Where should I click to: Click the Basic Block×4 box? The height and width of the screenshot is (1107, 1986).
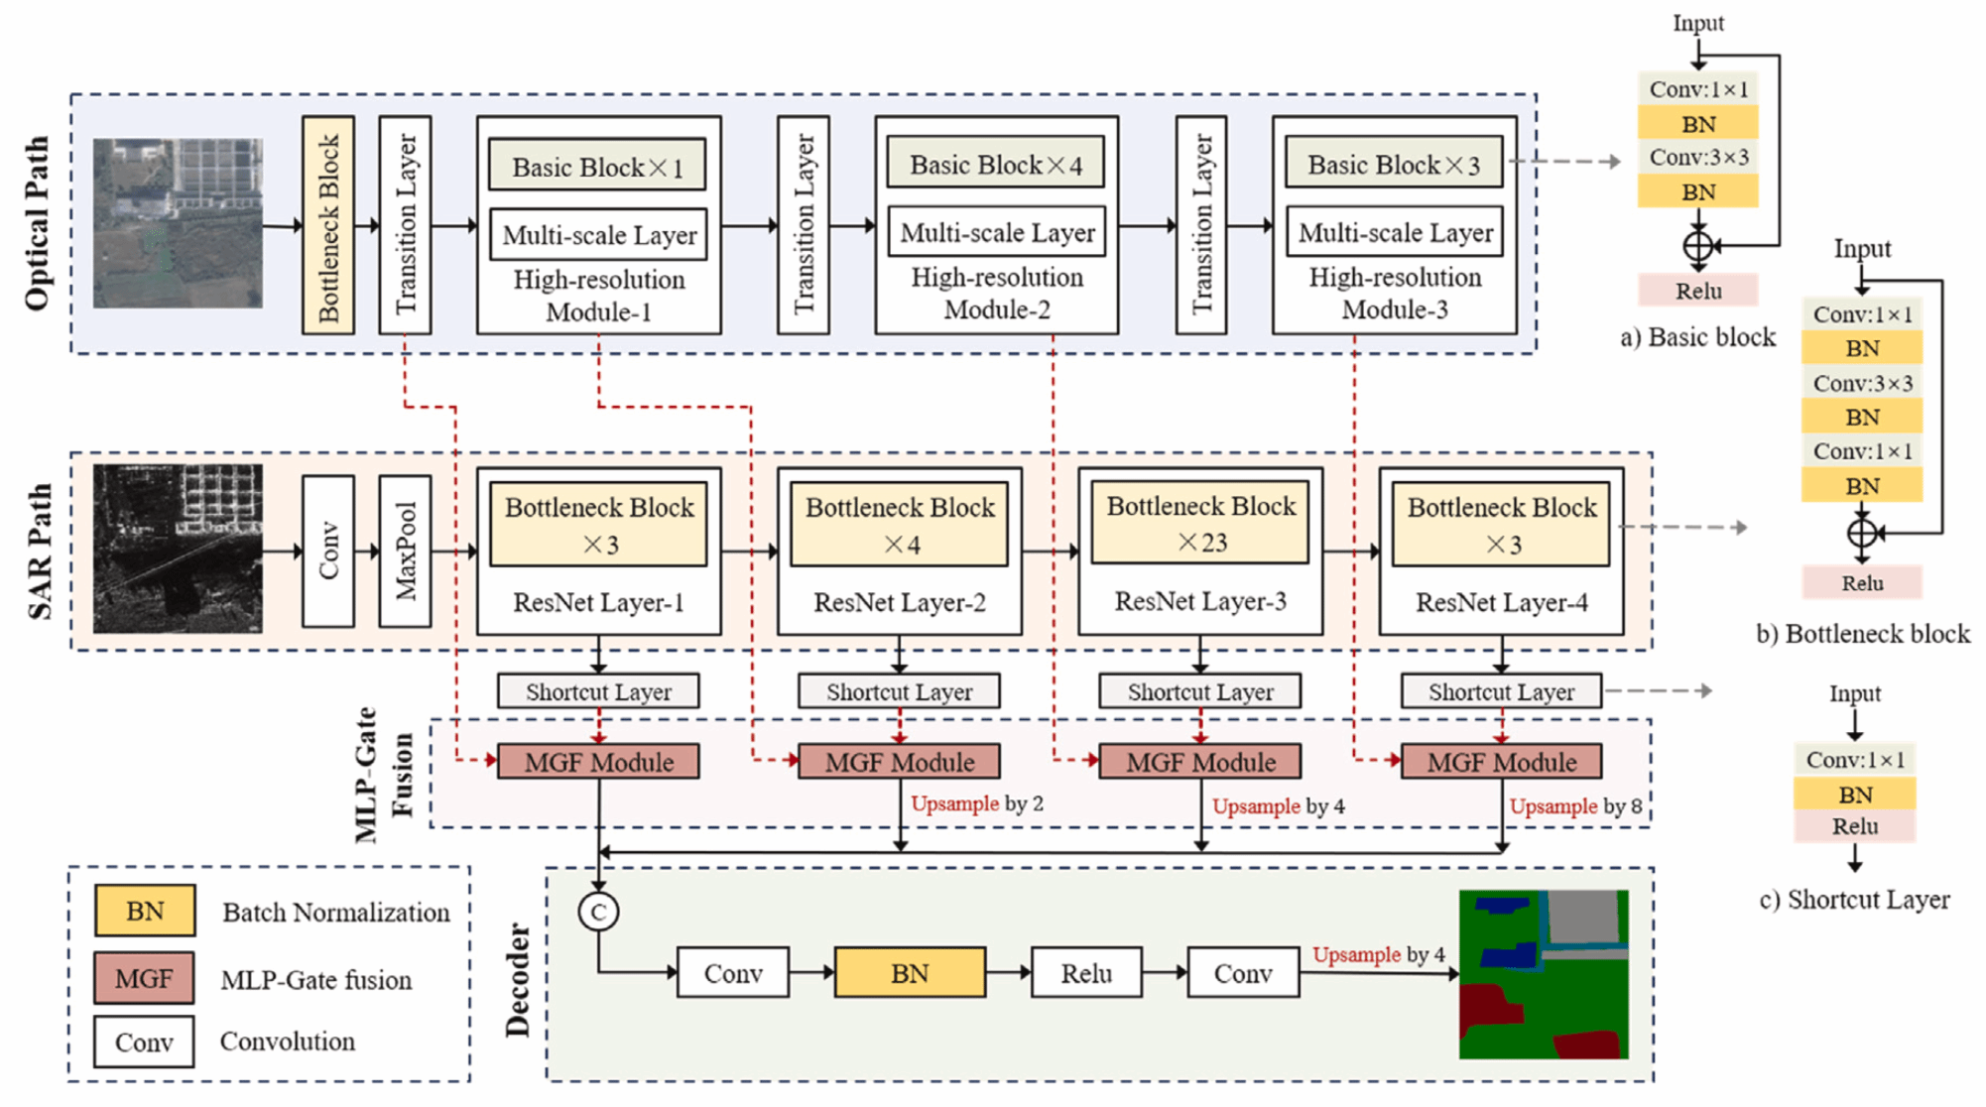(x=995, y=164)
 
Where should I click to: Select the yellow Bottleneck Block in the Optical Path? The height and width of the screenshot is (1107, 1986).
(x=328, y=225)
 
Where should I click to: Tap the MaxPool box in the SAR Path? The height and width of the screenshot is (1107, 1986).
(x=405, y=552)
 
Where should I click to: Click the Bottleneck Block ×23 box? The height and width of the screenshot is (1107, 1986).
(x=1200, y=523)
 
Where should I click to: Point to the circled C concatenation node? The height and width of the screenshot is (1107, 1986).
(x=598, y=912)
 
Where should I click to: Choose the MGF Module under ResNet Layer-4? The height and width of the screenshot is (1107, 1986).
(x=1501, y=762)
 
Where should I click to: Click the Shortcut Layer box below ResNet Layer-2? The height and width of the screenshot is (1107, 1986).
(x=899, y=691)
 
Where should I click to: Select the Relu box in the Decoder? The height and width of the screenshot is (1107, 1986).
(x=1086, y=973)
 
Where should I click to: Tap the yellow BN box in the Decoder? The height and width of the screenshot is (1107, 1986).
(x=910, y=973)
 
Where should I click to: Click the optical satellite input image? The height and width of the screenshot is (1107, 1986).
(x=179, y=223)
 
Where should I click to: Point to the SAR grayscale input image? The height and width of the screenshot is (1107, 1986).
(x=179, y=549)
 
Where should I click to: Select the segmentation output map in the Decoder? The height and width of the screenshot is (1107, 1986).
(x=1544, y=974)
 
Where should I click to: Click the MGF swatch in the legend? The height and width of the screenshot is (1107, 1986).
(x=145, y=979)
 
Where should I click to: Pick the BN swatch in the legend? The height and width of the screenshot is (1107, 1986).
(x=145, y=911)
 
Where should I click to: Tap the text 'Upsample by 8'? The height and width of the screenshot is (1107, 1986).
(x=1575, y=806)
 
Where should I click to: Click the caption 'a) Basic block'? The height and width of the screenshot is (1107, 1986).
(x=1697, y=337)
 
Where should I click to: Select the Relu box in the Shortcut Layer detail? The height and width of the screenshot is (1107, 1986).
(x=1854, y=826)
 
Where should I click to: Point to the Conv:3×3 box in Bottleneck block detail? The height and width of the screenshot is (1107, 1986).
(x=1862, y=383)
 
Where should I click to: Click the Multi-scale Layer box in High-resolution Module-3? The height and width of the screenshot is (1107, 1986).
(x=1395, y=233)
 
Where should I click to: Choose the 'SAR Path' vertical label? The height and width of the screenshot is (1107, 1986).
(x=40, y=552)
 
